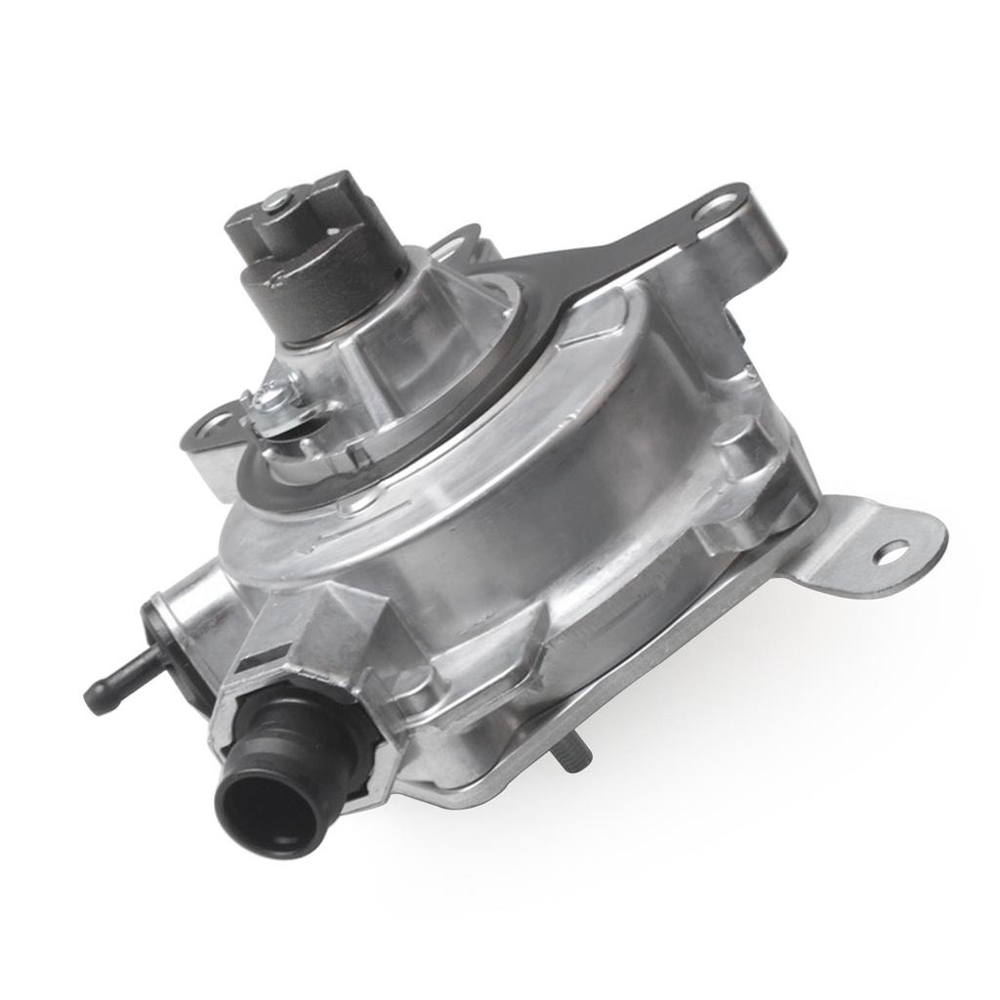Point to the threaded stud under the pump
(x=568, y=754)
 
